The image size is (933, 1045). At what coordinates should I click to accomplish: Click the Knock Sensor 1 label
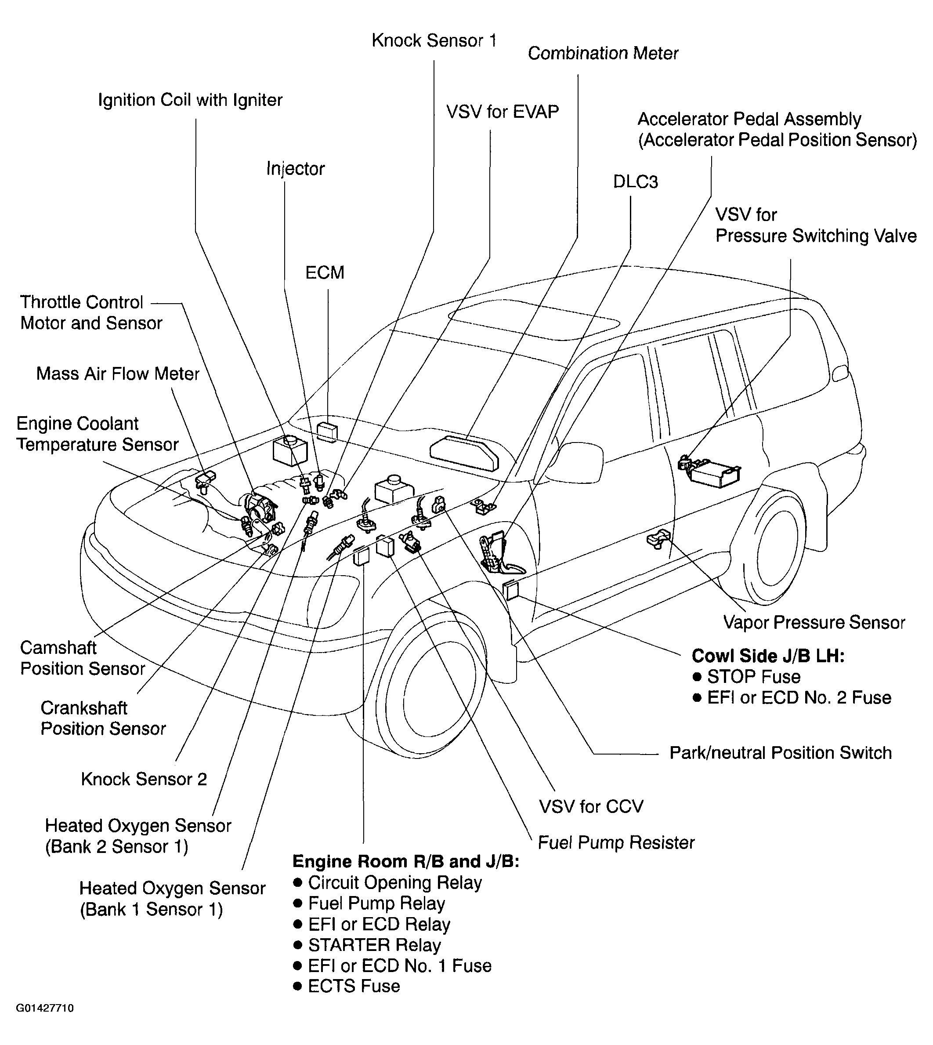click(x=434, y=40)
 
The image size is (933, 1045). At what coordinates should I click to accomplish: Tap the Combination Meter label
click(x=603, y=53)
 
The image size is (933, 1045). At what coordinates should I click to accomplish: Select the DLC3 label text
click(x=635, y=182)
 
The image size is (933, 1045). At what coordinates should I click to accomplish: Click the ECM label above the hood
click(x=325, y=272)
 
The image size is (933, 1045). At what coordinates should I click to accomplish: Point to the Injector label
click(x=295, y=169)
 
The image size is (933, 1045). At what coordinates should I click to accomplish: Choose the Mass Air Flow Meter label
click(x=117, y=374)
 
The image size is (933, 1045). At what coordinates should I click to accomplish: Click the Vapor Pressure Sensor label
click(x=814, y=623)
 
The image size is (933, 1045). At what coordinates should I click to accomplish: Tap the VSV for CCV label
click(x=590, y=806)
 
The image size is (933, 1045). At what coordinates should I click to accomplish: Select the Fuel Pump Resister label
click(x=616, y=842)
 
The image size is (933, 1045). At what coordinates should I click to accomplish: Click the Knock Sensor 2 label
click(x=144, y=780)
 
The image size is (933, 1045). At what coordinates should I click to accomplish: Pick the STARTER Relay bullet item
click(x=374, y=945)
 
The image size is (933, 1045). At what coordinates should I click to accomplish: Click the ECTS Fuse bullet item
click(x=353, y=986)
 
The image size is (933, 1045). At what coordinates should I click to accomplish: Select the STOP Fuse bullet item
click(x=753, y=677)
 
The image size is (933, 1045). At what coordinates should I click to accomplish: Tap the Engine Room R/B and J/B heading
click(x=405, y=861)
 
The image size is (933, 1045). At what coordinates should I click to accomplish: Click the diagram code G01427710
click(x=45, y=1023)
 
